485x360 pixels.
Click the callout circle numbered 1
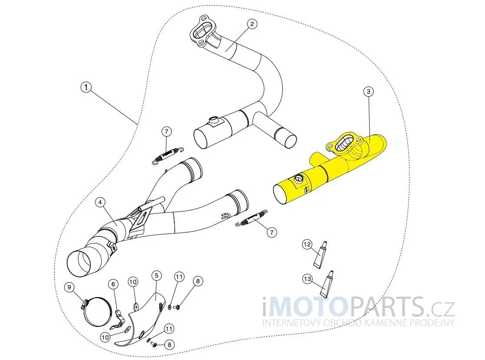(x=86, y=88)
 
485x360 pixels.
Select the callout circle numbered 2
(x=252, y=24)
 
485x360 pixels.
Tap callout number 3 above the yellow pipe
(x=368, y=92)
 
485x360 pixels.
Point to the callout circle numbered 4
(x=100, y=202)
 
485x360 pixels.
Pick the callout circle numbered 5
(x=157, y=275)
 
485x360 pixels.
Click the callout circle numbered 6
(x=113, y=284)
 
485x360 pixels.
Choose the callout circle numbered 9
(x=69, y=287)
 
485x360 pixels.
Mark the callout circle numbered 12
(x=307, y=244)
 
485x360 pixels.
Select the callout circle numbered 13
(x=308, y=279)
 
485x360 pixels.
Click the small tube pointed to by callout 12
(x=321, y=255)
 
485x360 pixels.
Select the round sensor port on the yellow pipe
(x=298, y=178)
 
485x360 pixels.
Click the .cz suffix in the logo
(x=439, y=309)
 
